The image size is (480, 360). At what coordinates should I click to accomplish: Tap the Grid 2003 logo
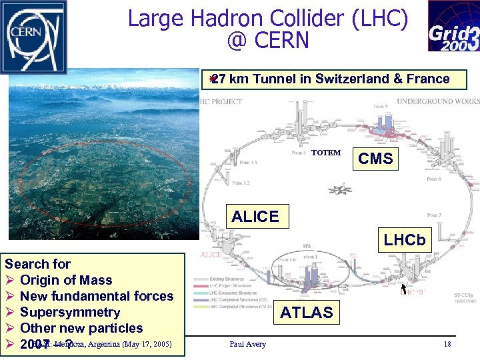453,26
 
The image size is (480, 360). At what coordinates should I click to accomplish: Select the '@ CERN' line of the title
267,41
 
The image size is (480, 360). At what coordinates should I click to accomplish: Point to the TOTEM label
326,153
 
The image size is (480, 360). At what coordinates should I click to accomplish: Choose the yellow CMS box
375,159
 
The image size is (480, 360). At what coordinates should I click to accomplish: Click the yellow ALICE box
255,217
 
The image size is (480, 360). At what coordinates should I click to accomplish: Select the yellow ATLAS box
306,313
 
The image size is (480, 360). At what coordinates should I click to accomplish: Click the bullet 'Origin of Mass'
65,280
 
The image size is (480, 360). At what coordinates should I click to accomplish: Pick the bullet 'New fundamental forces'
97,296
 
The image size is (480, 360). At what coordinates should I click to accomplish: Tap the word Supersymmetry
70,312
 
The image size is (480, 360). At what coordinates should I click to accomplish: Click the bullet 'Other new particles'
81,328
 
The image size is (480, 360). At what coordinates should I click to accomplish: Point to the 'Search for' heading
37,264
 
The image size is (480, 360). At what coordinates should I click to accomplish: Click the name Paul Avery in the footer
247,344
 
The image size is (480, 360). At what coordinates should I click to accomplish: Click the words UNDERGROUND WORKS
437,101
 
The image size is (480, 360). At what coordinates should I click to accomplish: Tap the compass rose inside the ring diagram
344,189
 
